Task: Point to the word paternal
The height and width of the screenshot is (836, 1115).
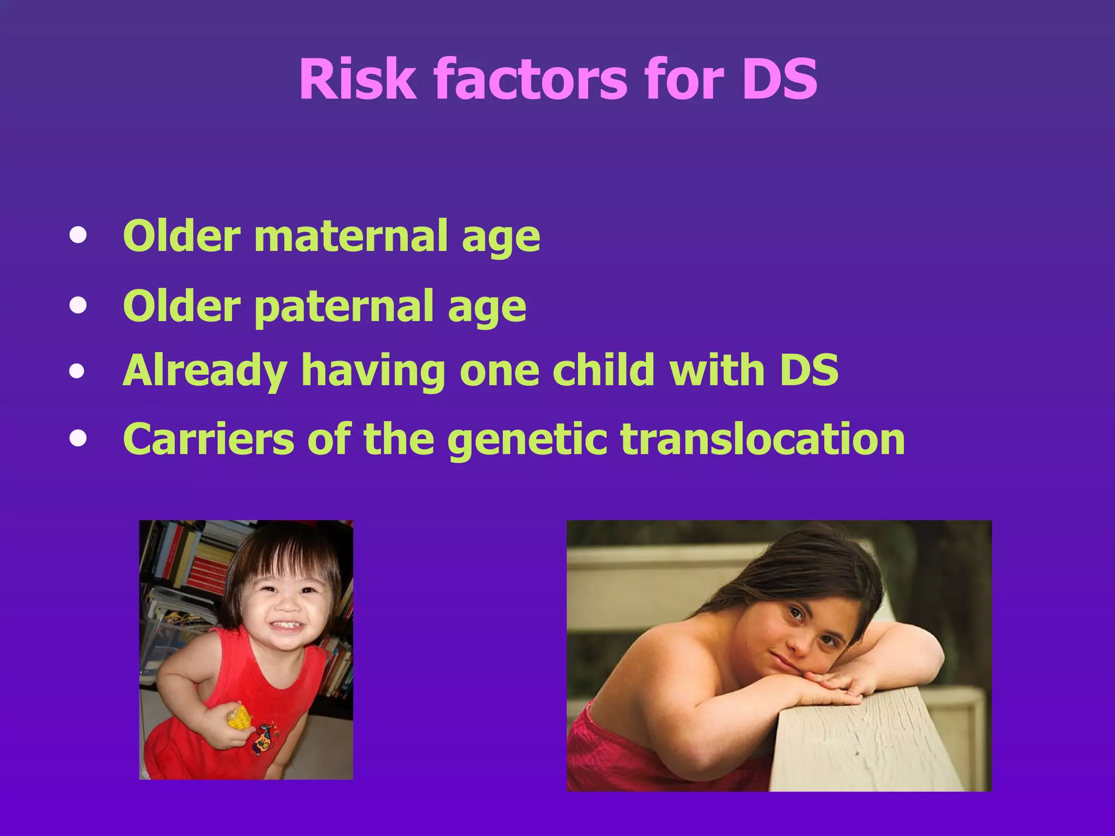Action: coord(344,306)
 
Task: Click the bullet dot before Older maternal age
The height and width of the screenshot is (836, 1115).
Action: coord(78,236)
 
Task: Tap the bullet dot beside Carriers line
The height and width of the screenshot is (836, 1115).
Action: coord(78,439)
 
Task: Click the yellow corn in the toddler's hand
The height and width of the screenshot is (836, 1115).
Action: coord(238,717)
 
